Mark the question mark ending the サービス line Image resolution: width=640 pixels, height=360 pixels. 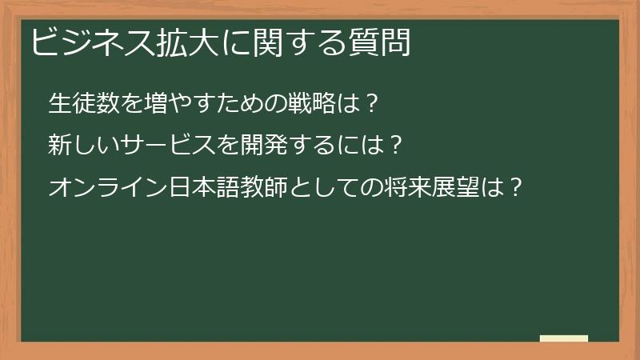coord(392,146)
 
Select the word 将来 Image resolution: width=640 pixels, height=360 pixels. coord(394,188)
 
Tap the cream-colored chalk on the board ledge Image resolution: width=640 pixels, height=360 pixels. coord(563,338)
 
